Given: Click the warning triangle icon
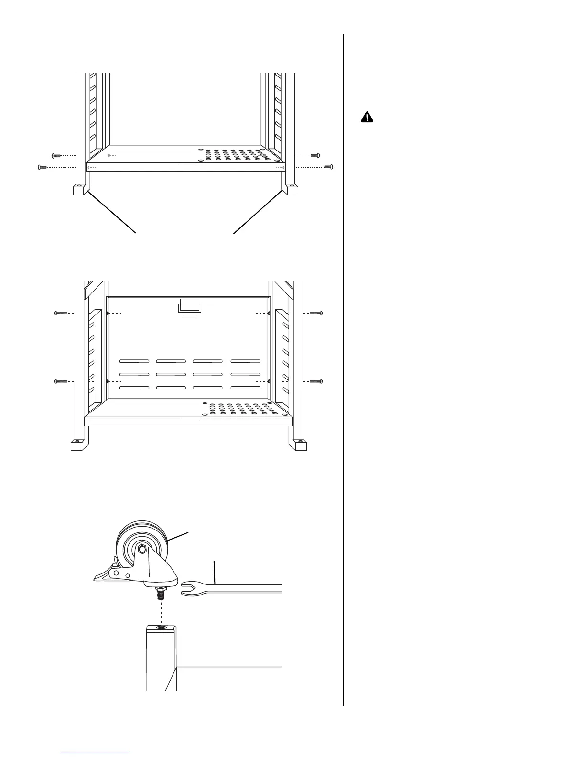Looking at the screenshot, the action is click(x=367, y=117).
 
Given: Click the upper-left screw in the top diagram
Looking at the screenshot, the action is click(x=56, y=156).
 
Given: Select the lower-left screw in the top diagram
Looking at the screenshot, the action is click(x=42, y=167).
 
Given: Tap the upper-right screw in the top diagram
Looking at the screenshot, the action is click(x=315, y=155).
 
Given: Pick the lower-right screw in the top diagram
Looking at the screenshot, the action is click(x=328, y=166).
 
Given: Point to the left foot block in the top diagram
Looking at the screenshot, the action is click(x=79, y=190).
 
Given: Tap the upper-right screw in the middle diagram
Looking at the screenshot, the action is click(x=316, y=314).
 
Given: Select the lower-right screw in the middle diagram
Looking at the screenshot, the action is click(x=316, y=381).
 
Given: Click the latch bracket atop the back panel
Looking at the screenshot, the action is click(x=189, y=305).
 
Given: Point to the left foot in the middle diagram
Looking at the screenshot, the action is click(x=76, y=446).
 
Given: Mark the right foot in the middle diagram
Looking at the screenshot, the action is click(x=300, y=446).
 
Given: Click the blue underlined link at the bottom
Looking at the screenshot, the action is click(x=95, y=753).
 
